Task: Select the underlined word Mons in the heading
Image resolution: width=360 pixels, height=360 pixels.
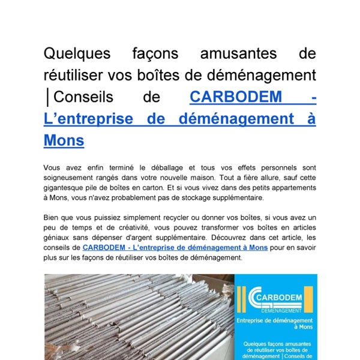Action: coord(64,140)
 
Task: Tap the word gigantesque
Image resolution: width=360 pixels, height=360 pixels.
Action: coord(67,188)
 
